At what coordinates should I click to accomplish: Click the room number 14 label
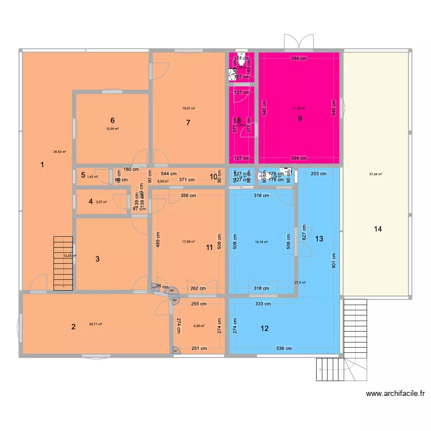coord(378,229)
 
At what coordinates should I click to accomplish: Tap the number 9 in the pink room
coord(299,119)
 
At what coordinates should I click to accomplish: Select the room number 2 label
coord(73,328)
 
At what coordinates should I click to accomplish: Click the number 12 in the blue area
coord(264,329)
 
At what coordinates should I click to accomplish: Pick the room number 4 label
coord(90,201)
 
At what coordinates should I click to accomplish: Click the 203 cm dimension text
coord(318,173)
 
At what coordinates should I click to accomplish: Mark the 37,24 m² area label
coord(376,174)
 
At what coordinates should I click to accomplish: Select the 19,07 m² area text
coord(188,108)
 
